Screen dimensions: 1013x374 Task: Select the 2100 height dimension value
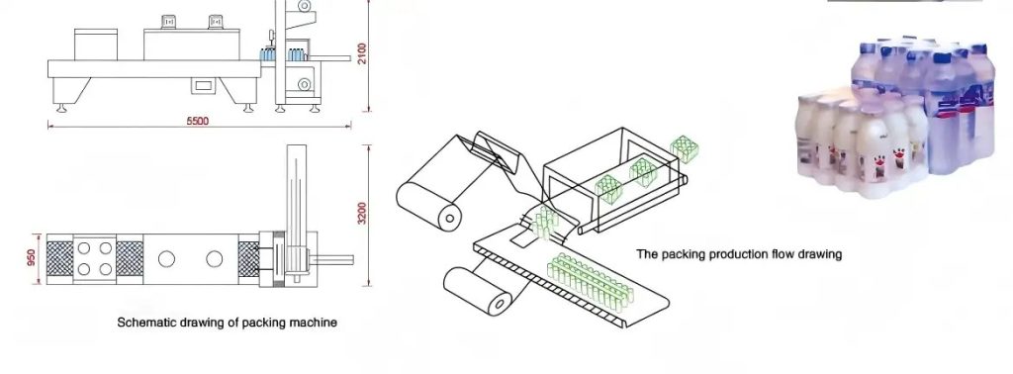(x=364, y=51)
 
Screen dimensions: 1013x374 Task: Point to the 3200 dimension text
(x=363, y=214)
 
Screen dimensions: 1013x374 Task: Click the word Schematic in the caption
(x=149, y=323)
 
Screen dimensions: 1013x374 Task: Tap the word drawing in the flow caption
(x=816, y=254)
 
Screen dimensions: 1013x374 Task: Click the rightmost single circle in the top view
(x=214, y=258)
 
